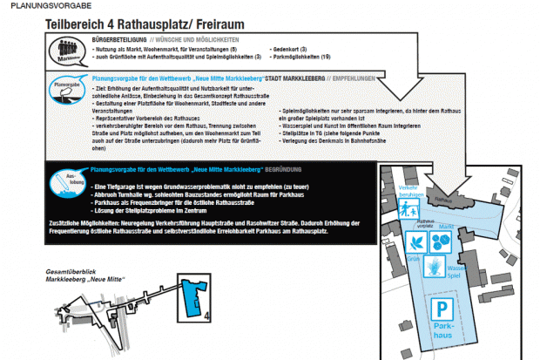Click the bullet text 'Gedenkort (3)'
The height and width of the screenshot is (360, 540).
coord(297,49)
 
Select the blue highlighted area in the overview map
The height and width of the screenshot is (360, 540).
coord(189,296)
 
